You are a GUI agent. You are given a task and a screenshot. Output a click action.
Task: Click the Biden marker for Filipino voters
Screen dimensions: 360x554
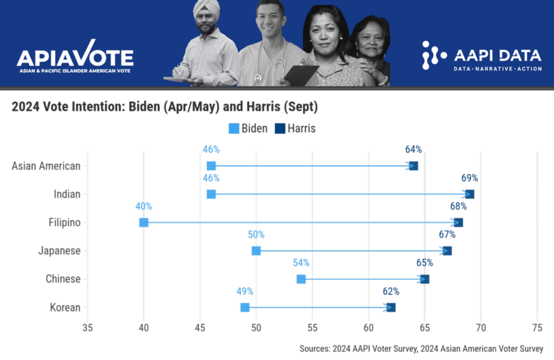(144, 223)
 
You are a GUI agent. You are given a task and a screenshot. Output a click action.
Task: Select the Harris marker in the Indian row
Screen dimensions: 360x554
(470, 194)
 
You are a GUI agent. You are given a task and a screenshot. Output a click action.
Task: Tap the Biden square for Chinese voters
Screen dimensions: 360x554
(301, 279)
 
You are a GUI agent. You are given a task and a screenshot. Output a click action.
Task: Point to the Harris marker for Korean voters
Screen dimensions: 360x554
(391, 307)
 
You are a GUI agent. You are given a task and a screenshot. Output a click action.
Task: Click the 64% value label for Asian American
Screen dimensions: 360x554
(413, 150)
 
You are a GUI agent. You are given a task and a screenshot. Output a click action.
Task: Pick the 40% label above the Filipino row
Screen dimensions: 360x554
(144, 206)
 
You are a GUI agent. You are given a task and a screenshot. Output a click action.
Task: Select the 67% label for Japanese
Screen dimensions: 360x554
(447, 235)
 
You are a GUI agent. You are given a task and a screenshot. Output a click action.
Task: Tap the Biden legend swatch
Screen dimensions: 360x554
(234, 129)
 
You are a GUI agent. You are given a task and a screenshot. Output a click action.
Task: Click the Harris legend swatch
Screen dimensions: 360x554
(280, 129)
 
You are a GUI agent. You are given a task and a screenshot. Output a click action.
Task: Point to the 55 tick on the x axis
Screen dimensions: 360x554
(312, 328)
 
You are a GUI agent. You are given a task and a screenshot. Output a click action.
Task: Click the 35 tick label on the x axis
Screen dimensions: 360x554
(88, 328)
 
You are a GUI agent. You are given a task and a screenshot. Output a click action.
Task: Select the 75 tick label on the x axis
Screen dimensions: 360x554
(537, 328)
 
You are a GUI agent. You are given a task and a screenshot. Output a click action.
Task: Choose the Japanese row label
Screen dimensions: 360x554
(60, 251)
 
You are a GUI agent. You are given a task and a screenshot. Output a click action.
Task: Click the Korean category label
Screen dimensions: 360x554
(65, 308)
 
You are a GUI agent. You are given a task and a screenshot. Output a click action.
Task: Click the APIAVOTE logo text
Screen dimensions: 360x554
(75, 58)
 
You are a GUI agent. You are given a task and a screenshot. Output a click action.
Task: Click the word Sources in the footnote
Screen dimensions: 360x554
(314, 349)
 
